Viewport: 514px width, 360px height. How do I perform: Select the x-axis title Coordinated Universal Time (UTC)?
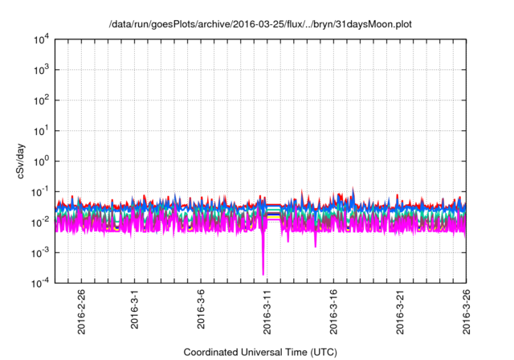(260, 351)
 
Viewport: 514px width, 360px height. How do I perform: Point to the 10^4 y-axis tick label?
(40, 40)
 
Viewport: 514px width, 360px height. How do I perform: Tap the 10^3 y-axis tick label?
(40, 70)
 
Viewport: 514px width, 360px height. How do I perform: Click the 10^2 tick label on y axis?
(40, 100)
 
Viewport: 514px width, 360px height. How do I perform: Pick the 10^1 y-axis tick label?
(40, 130)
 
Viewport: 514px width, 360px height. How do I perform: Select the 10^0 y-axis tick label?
(40, 161)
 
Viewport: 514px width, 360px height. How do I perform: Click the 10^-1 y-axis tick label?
(40, 191)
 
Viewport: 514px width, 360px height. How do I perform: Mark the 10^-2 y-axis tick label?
(40, 222)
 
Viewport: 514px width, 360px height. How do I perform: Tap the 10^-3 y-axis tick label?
(40, 252)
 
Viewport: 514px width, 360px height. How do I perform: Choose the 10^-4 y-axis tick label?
(40, 282)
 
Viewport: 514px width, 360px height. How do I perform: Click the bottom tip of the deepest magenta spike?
(263, 274)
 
